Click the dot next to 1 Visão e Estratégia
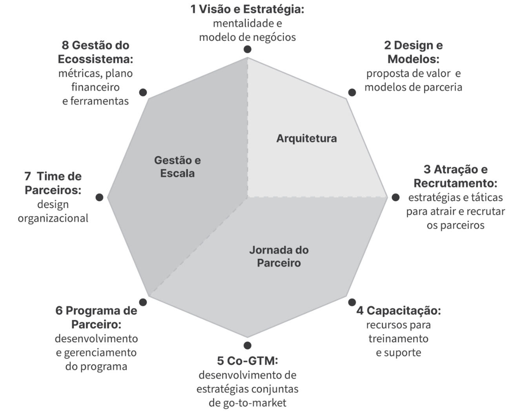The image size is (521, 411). [247, 49]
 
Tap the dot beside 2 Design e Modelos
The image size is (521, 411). [352, 93]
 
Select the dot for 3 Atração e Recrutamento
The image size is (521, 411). [395, 197]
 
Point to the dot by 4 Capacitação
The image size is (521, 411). [352, 302]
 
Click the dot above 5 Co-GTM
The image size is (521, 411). [247, 346]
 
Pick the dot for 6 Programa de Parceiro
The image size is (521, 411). [143, 302]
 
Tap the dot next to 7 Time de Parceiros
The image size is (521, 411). [99, 197]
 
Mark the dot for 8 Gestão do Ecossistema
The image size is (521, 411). [143, 93]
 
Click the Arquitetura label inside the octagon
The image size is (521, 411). [306, 138]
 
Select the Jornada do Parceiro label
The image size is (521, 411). [279, 256]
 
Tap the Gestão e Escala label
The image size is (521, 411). [177, 167]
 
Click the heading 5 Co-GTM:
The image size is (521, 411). [247, 360]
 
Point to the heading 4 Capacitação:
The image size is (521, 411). [398, 311]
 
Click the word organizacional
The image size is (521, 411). [53, 218]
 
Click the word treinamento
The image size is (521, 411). [398, 338]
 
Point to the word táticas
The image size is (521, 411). [486, 197]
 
